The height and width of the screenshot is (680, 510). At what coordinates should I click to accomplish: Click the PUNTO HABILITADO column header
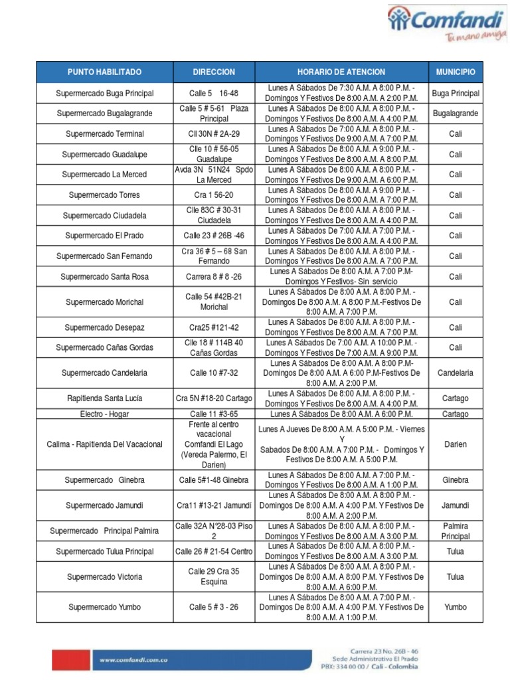pyautogui.click(x=104, y=72)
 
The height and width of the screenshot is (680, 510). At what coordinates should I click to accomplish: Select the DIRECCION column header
pyautogui.click(x=214, y=72)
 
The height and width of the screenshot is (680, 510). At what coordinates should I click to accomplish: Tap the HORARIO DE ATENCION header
pyautogui.click(x=341, y=72)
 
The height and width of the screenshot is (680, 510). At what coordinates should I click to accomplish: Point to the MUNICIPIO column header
pyautogui.click(x=455, y=72)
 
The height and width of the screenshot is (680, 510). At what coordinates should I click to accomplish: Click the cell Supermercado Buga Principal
pyautogui.click(x=104, y=94)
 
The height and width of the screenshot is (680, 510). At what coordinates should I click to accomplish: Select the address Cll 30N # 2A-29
pyautogui.click(x=214, y=134)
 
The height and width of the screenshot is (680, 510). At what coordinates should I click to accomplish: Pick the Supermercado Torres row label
pyautogui.click(x=104, y=195)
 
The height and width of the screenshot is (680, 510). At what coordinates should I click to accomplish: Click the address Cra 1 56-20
pyautogui.click(x=214, y=195)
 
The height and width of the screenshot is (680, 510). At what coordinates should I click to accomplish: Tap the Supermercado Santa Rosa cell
pyautogui.click(x=104, y=277)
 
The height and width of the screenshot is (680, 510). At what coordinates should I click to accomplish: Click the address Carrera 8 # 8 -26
pyautogui.click(x=214, y=277)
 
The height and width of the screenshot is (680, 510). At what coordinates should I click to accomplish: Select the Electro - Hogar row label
pyautogui.click(x=104, y=414)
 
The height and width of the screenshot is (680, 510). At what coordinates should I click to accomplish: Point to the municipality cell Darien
pyautogui.click(x=455, y=444)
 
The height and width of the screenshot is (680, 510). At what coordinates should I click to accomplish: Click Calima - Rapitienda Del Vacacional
pyautogui.click(x=104, y=444)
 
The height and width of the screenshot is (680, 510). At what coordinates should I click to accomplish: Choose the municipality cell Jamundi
pyautogui.click(x=455, y=505)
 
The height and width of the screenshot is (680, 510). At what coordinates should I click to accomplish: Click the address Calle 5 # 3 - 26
pyautogui.click(x=214, y=607)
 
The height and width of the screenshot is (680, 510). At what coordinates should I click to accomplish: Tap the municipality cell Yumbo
pyautogui.click(x=455, y=607)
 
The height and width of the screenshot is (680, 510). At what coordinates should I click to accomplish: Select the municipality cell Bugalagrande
pyautogui.click(x=455, y=114)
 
